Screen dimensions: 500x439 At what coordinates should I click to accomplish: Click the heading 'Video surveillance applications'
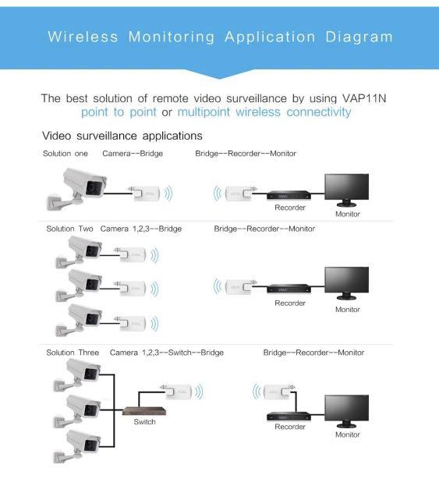(122, 136)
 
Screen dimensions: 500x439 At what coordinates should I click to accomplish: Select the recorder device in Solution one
(289, 196)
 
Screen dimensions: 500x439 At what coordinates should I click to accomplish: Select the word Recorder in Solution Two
(290, 303)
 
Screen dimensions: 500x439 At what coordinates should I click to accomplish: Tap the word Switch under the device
(144, 422)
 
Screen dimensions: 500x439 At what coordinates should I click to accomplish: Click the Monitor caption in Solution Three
(348, 434)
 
